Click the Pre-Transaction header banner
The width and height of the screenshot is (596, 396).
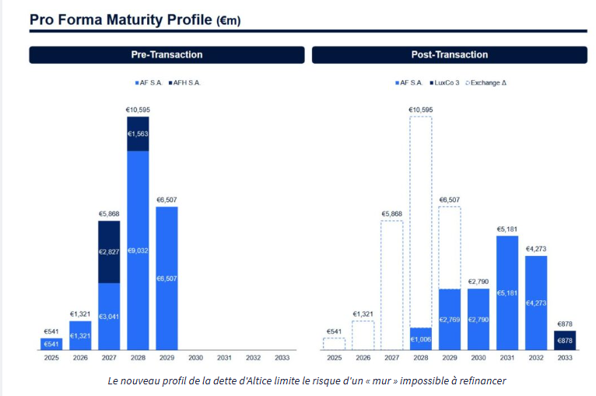[x=167, y=54]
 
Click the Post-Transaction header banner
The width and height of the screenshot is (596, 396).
[x=449, y=54]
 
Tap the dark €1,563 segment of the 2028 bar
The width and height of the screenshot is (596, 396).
[x=138, y=133]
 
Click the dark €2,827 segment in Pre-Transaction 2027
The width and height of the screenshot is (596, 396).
[x=109, y=251]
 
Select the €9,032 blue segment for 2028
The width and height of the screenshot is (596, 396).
[x=138, y=249]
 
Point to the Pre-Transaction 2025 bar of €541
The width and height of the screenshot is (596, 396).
[x=51, y=344]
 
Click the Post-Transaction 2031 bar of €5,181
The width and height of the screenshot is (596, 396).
[x=507, y=293]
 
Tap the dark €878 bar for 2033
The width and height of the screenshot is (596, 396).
[x=565, y=340]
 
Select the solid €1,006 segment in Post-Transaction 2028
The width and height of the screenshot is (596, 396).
[x=421, y=338]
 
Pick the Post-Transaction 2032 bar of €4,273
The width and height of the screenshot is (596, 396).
[x=536, y=302]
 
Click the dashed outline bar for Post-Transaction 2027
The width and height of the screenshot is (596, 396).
[x=391, y=285]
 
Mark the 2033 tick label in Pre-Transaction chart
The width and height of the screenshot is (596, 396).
[x=282, y=358]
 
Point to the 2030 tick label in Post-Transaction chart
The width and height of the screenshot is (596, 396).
[x=479, y=358]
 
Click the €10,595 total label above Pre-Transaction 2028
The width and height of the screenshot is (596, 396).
[x=138, y=110]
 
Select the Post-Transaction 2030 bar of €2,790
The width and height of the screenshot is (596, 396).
[x=479, y=319]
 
